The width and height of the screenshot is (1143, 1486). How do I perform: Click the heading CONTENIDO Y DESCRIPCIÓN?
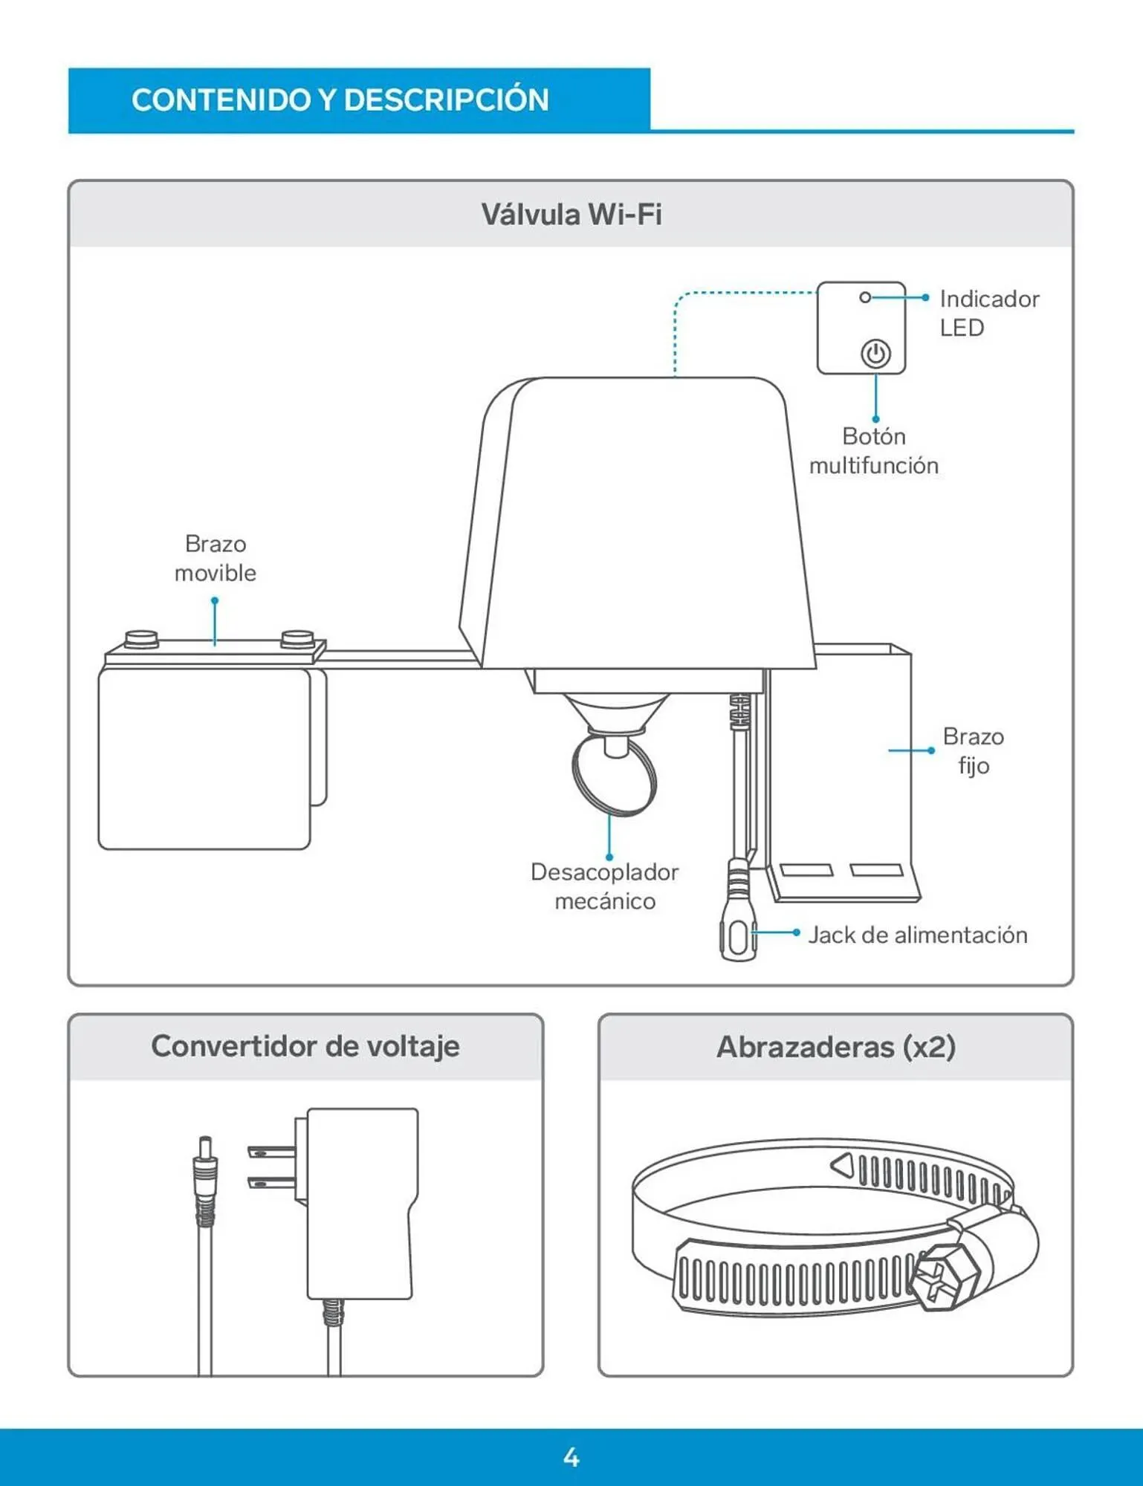tap(340, 100)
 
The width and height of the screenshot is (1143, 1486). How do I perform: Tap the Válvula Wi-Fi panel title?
tap(571, 215)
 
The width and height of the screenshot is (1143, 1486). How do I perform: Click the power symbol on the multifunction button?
tap(875, 354)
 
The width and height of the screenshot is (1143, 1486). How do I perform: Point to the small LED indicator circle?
tap(864, 297)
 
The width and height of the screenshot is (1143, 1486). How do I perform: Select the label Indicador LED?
tap(988, 313)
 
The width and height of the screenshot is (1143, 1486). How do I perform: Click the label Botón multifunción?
tap(873, 450)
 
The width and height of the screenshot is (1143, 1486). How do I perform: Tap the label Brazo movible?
tap(216, 558)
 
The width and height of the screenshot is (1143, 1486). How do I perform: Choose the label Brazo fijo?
tap(973, 750)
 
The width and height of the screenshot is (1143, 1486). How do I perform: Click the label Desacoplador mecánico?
tap(604, 886)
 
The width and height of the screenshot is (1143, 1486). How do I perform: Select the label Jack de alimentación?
tap(917, 935)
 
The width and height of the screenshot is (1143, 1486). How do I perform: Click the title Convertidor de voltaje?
tap(305, 1046)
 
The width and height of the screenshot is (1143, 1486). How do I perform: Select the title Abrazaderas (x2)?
tap(835, 1047)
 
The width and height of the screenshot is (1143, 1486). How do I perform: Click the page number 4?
tap(571, 1457)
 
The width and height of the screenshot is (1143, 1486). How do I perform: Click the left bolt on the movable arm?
tap(141, 638)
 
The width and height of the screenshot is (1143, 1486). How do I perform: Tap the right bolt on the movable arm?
tap(297, 638)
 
